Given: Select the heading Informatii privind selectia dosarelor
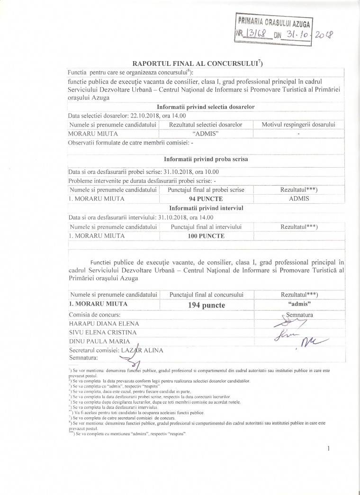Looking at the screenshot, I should pos(206,107).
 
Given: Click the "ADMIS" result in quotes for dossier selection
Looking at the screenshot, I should pos(207,133).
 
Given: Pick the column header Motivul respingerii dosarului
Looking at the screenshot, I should pos(298,125).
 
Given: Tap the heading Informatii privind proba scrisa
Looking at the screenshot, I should pos(206,159).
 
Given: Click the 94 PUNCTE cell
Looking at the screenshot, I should pos(207,198).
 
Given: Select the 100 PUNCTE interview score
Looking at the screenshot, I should pos(207,235).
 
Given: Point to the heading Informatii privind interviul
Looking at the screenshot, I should pos(206,207).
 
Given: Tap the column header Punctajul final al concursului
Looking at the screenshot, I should pos(207,295).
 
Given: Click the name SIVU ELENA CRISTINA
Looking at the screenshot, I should pos(103,332).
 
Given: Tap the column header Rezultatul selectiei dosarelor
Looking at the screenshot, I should pos(207,125).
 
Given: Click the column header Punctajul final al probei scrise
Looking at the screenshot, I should pos(207,189).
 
